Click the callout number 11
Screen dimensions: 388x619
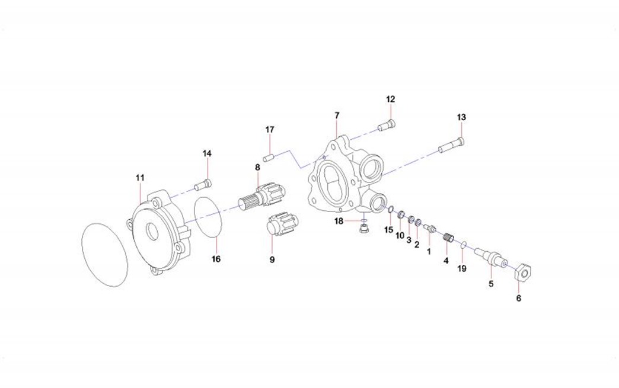pos(140,177)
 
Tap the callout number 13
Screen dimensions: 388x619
pos(461,117)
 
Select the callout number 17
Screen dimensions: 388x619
pos(270,129)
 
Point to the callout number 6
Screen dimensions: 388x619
pos(518,298)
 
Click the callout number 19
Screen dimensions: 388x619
pos(462,268)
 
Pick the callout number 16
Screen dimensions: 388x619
pos(216,259)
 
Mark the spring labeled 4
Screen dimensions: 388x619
pos(449,239)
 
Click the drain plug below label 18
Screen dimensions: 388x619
pos(363,229)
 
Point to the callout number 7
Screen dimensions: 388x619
pos(337,114)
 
